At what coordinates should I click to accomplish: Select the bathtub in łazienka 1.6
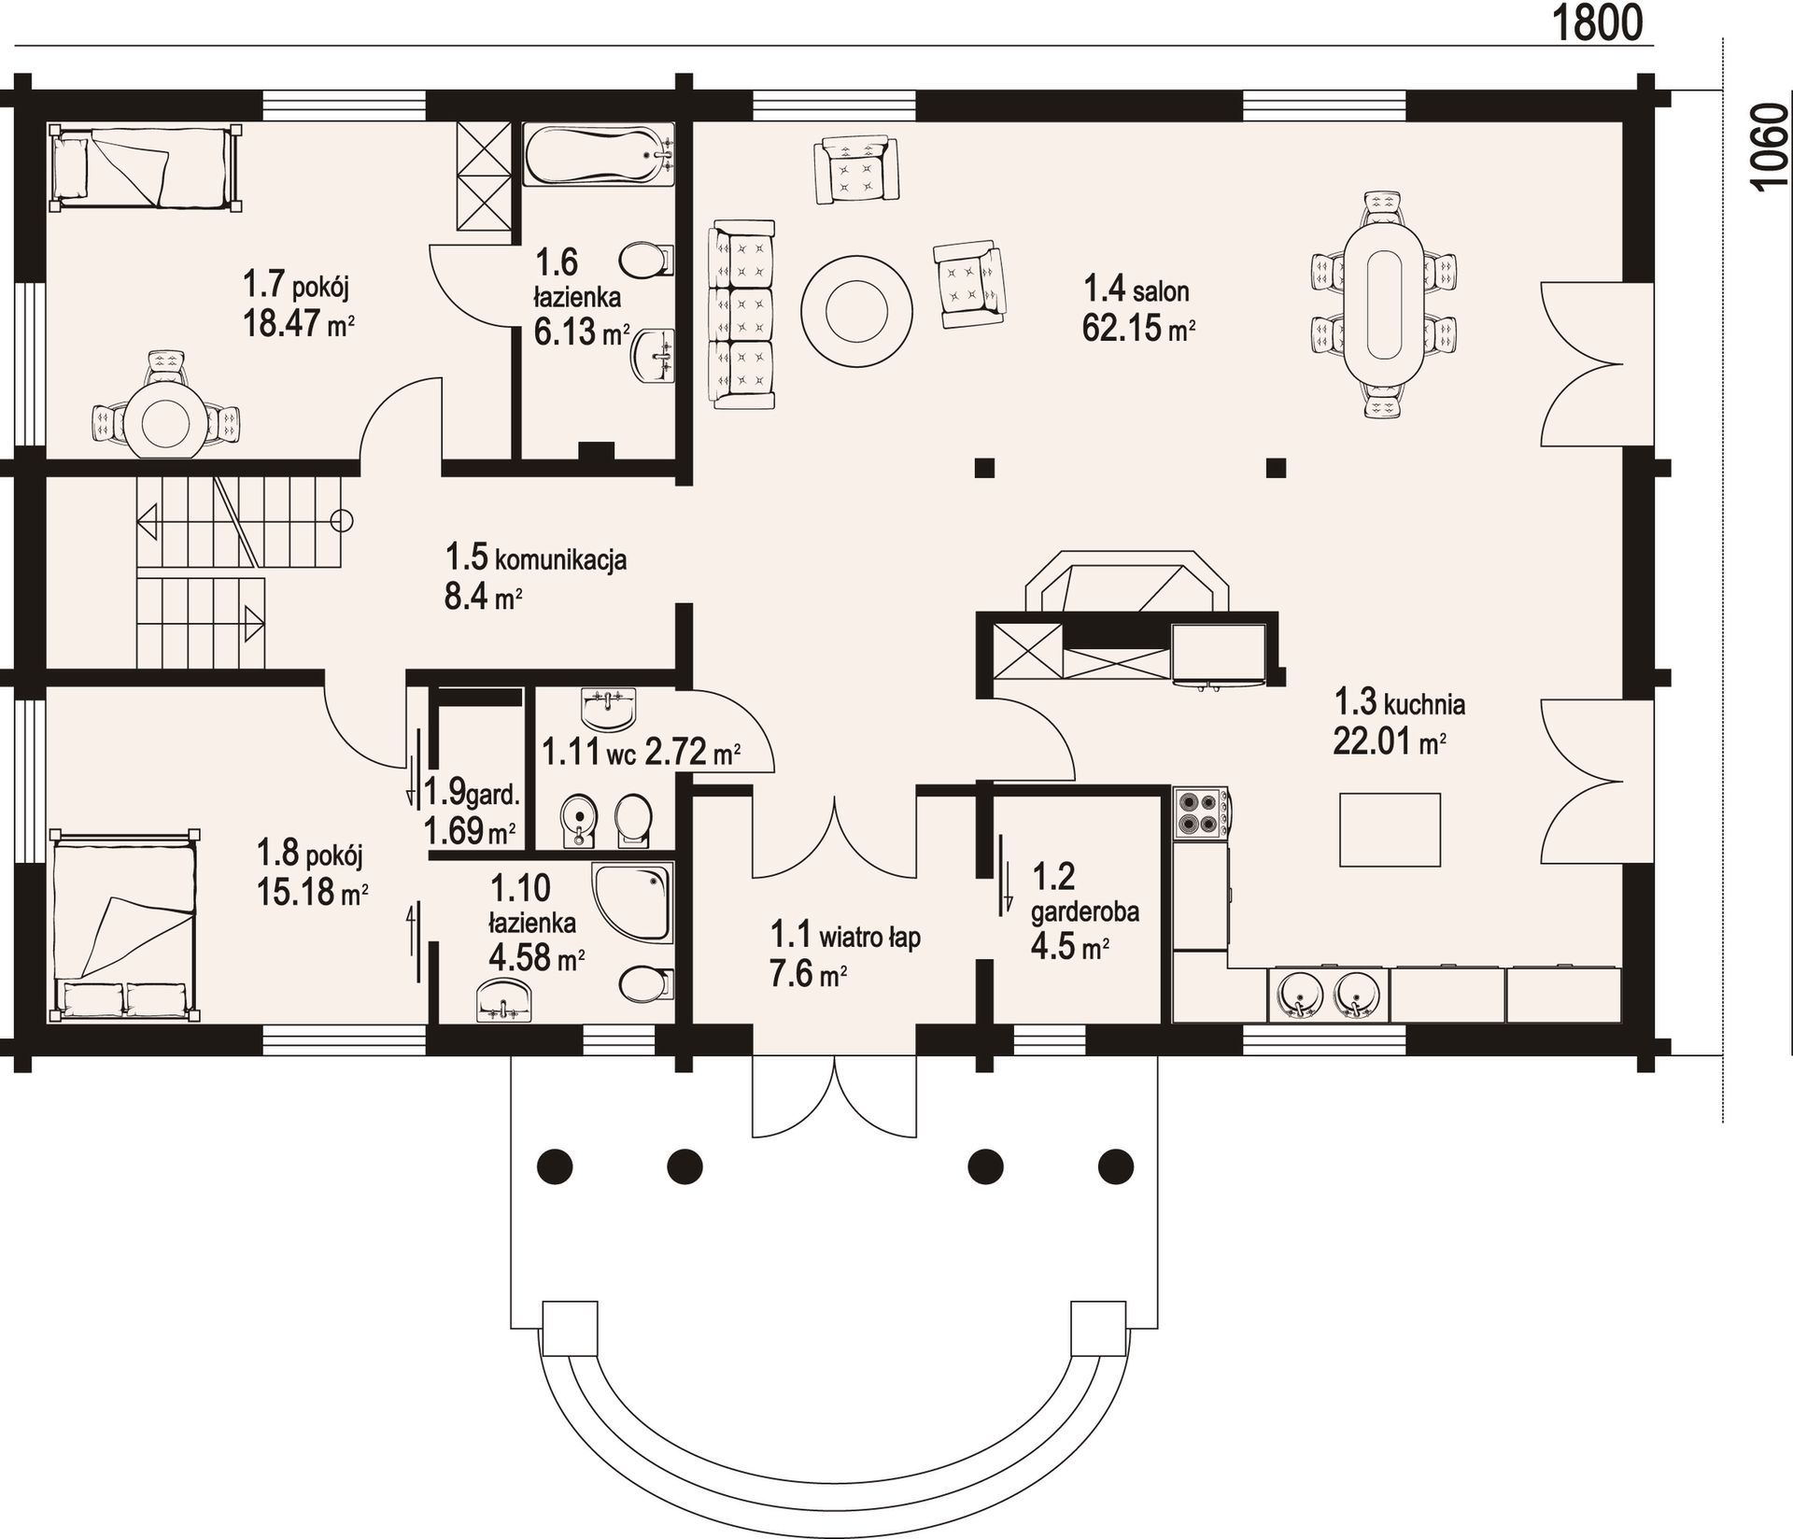(599, 155)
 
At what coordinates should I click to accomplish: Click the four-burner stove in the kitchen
(1202, 812)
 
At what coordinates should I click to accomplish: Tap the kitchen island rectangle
(1390, 830)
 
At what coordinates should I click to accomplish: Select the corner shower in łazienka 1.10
(632, 900)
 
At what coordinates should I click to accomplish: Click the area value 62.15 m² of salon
(1139, 329)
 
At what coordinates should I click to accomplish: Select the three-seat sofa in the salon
(743, 314)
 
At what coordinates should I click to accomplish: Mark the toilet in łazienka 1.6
(647, 260)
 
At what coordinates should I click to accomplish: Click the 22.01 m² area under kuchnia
(1390, 743)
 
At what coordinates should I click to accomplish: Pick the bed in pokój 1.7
(143, 168)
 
